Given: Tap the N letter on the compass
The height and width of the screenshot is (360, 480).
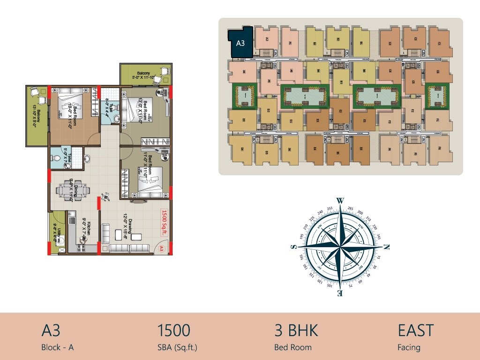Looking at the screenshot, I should point(387,247).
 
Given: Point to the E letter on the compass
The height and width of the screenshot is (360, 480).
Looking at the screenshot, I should point(340,294).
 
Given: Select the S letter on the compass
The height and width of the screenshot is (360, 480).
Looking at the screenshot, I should point(294,247).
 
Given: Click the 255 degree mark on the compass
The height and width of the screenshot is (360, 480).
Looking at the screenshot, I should point(330,209).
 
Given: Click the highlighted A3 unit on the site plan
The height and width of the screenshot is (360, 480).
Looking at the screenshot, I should point(240,43).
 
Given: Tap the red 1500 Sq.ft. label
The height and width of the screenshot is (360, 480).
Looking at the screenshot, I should point(165,223).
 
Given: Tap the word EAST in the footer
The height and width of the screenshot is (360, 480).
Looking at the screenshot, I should point(415,330).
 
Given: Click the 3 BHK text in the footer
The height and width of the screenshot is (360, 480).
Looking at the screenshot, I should point(296,330).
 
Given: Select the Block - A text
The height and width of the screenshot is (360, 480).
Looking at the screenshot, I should point(58,347).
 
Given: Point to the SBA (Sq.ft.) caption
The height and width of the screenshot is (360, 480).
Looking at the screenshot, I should point(178,347).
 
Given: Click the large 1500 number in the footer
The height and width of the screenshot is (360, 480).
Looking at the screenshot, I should point(174,330).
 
